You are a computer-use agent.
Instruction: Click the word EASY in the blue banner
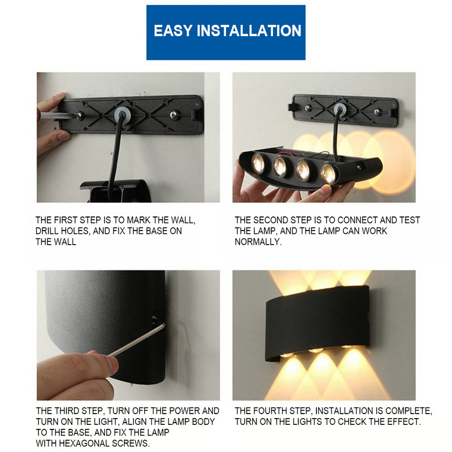click(x=173, y=31)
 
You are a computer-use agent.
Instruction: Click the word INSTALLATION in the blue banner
click(x=249, y=31)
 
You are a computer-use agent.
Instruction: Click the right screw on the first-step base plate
click(x=173, y=115)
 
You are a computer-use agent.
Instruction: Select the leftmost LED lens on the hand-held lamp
click(x=258, y=163)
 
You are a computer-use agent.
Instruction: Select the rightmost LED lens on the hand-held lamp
click(x=328, y=174)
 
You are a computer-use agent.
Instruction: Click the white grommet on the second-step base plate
click(x=340, y=108)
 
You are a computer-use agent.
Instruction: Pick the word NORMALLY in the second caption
click(x=258, y=242)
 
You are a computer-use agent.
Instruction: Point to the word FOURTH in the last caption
click(x=273, y=411)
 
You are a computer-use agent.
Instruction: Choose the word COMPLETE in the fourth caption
click(x=408, y=411)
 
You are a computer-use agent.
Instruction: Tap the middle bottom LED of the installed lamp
click(x=316, y=350)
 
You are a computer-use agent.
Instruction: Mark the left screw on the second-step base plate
click(x=308, y=108)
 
